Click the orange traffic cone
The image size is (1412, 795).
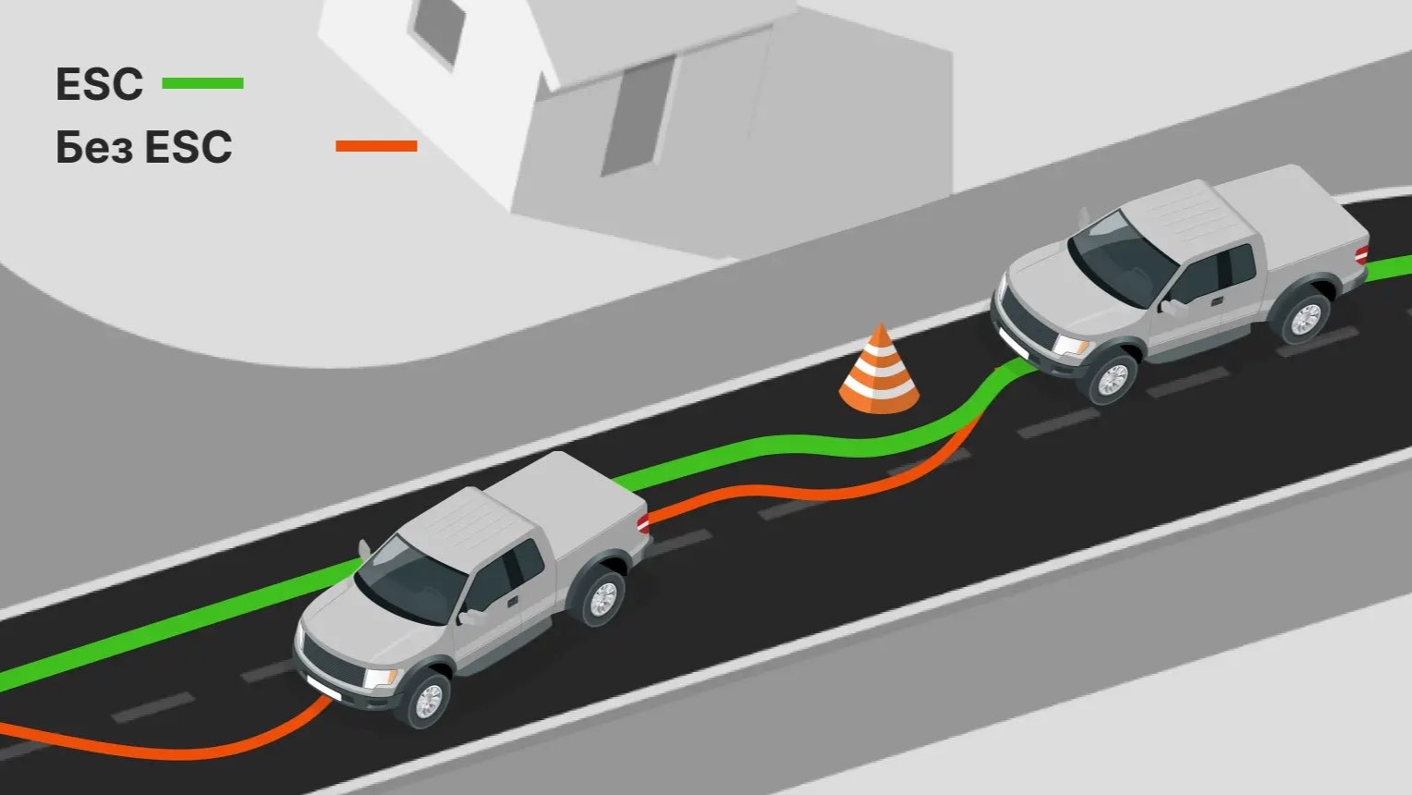pyautogui.click(x=879, y=372)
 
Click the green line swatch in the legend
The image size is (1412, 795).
pyautogui.click(x=202, y=83)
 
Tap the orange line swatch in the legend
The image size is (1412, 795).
pyautogui.click(x=376, y=146)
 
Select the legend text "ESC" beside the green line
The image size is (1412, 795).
pyautogui.click(x=99, y=84)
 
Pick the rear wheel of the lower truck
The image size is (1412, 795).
pyautogui.click(x=602, y=598)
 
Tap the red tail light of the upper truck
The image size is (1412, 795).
pyautogui.click(x=1361, y=253)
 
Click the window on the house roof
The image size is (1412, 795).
pyautogui.click(x=438, y=28)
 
